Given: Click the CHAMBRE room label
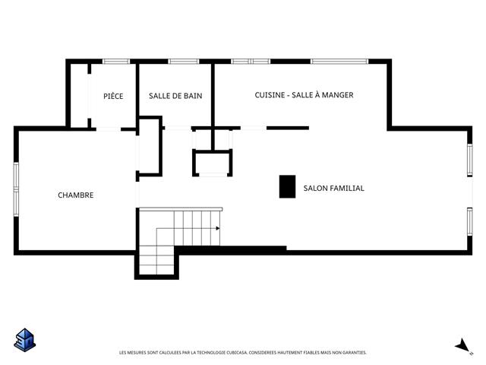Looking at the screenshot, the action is point(76,195).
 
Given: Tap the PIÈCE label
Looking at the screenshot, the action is point(113,96).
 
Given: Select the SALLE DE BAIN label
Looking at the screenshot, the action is point(175,96).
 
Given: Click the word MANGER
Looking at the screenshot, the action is point(337,95).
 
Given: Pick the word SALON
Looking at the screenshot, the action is point(315,188).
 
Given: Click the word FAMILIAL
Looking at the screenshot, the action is point(347,188).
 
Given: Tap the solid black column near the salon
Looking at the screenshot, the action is point(287,186).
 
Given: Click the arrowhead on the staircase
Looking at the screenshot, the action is point(218,228).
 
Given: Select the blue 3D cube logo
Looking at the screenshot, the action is point(25,340).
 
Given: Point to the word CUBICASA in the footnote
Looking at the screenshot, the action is point(237,353).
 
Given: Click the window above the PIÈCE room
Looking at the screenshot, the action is point(116,62).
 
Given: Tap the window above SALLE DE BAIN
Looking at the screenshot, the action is point(184,62).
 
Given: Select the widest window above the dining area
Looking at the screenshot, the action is point(339,62).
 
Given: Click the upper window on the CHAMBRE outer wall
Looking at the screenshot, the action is point(16,176).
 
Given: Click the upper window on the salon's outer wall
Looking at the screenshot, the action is point(470,160).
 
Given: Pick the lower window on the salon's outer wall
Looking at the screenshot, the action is point(470,221).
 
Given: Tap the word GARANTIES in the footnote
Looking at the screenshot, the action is point(354,353).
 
